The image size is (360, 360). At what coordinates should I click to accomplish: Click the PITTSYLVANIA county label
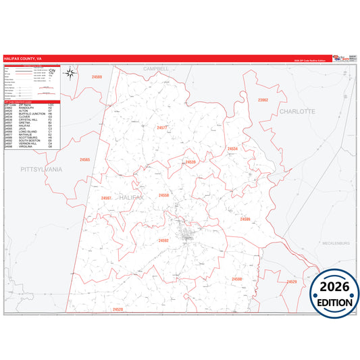tap(41, 169)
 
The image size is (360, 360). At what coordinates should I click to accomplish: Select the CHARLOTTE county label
tap(297, 110)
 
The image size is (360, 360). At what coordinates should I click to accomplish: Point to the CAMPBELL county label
tap(156, 69)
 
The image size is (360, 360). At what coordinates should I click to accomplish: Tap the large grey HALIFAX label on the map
tap(131, 197)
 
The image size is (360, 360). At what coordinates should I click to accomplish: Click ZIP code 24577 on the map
tap(162, 128)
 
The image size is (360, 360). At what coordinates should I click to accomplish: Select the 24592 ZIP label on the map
tap(163, 240)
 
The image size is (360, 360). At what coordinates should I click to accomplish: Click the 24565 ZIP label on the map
tap(84, 159)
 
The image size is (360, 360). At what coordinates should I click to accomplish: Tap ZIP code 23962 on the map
tap(263, 99)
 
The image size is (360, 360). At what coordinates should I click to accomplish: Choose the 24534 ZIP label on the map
tap(232, 149)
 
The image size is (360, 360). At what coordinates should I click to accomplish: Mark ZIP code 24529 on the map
tap(291, 281)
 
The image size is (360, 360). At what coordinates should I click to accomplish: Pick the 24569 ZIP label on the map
tap(97, 78)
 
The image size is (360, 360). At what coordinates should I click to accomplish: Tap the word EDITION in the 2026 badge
tap(334, 302)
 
